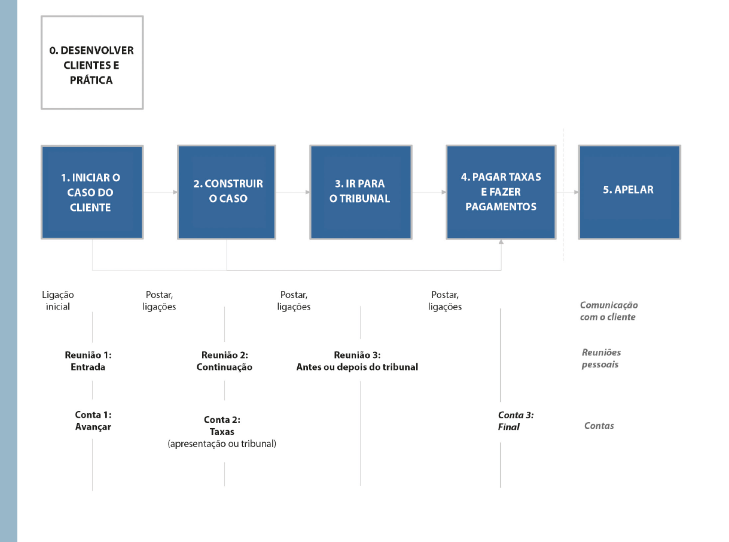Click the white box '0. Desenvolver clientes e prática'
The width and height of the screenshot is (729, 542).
(x=92, y=62)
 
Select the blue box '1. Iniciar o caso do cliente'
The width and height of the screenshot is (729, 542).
(x=92, y=192)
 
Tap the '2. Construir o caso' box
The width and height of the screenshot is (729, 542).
(x=227, y=192)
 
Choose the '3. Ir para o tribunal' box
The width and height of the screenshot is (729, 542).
(x=361, y=192)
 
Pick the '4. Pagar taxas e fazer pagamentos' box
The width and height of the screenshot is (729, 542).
(x=501, y=192)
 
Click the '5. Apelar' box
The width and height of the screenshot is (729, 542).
(x=629, y=192)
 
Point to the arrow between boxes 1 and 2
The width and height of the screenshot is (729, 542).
(x=160, y=192)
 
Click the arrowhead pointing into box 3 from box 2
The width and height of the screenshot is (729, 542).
(x=307, y=192)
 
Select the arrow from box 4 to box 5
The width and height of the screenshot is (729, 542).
(x=568, y=192)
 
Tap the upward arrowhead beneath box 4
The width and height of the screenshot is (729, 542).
(x=501, y=242)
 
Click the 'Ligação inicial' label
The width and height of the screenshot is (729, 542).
(x=58, y=301)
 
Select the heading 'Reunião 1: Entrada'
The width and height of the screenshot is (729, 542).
(x=88, y=361)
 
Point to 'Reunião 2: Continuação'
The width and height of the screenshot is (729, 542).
(x=224, y=361)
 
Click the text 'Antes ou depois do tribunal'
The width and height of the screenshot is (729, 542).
(x=357, y=367)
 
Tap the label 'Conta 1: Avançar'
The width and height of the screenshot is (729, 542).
(x=93, y=421)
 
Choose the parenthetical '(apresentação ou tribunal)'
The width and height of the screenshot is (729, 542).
(x=222, y=444)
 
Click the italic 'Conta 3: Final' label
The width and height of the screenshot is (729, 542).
(x=516, y=421)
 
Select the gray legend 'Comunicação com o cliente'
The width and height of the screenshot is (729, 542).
(x=609, y=311)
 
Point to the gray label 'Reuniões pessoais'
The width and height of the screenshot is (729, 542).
(x=601, y=359)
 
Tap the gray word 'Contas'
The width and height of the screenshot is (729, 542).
(x=599, y=425)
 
